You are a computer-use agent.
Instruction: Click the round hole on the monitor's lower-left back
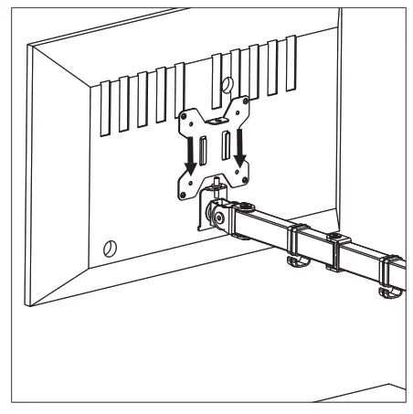coord(109,246)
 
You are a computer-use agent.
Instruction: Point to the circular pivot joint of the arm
coord(219,217)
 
